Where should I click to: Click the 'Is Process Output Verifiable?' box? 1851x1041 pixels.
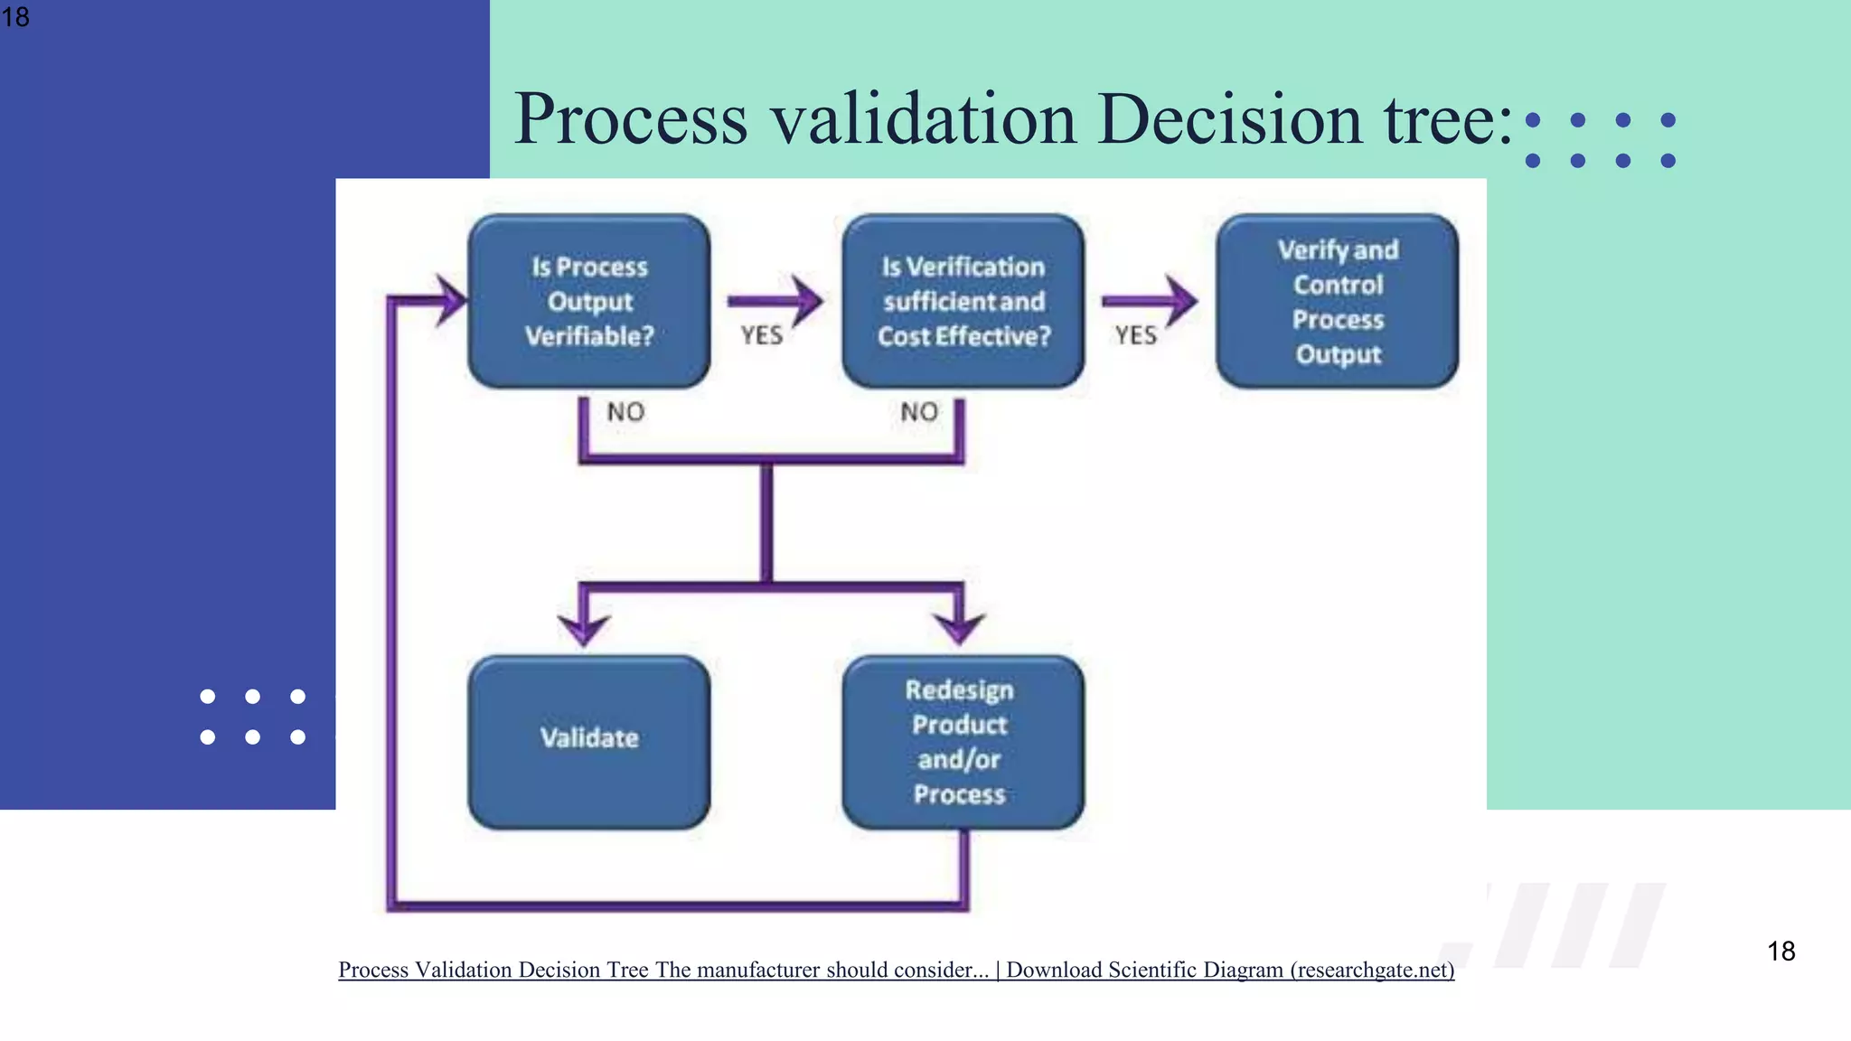[589, 301]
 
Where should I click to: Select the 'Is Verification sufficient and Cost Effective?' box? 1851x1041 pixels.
[963, 301]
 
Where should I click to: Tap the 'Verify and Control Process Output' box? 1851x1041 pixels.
[1338, 301]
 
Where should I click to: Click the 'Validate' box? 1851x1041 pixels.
[589, 741]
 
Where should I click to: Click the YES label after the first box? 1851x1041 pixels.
[762, 336]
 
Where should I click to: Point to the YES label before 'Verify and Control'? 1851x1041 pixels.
[1135, 336]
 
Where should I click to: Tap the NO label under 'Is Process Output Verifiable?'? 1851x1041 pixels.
[625, 412]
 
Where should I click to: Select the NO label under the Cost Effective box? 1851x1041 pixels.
[919, 412]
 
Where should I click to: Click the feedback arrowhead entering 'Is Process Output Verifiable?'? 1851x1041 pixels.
[450, 300]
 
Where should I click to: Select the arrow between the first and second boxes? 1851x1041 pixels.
[775, 301]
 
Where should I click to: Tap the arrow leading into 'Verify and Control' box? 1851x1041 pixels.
[1150, 301]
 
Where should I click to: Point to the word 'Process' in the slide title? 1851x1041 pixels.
[631, 118]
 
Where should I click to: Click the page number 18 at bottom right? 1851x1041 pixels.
[1781, 951]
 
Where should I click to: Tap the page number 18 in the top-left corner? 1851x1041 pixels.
[15, 16]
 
